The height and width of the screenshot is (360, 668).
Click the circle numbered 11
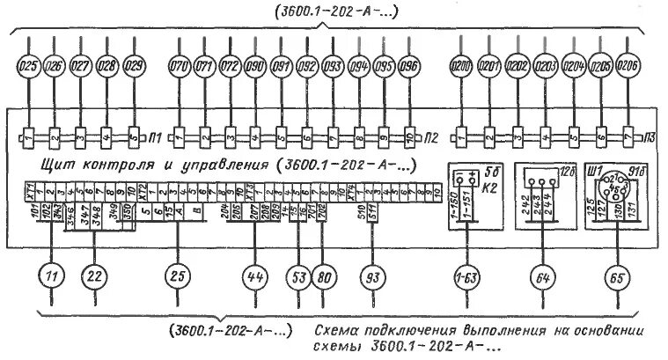52,276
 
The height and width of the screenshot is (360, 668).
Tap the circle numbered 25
179,276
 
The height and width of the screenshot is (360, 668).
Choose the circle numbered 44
255,276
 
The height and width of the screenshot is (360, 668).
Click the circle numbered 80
323,276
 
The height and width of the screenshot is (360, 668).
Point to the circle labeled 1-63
466,276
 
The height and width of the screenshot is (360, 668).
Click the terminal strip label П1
158,137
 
